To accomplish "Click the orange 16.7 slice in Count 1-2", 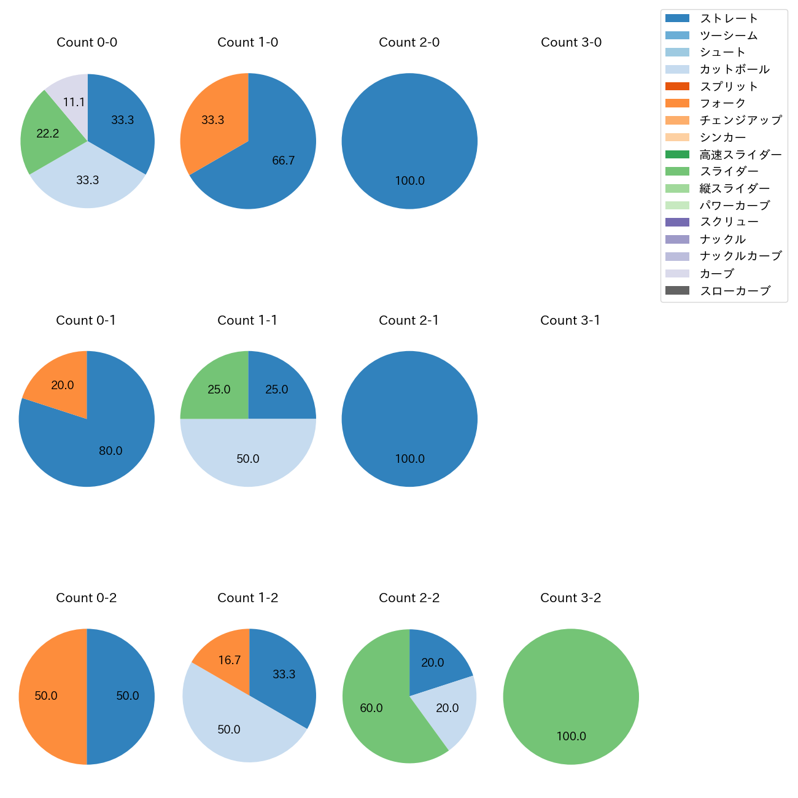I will (228, 660).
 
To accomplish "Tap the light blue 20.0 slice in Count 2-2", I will (446, 708).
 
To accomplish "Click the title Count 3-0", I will (571, 42).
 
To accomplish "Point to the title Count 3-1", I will (570, 320).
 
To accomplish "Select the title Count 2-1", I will (409, 320).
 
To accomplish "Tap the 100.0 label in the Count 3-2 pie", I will (571, 736).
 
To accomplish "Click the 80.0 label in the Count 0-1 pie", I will (110, 451).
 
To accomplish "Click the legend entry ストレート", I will (729, 18).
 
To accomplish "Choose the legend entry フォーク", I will (722, 103).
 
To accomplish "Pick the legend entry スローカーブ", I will (735, 291).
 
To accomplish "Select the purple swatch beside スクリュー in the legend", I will (677, 222).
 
